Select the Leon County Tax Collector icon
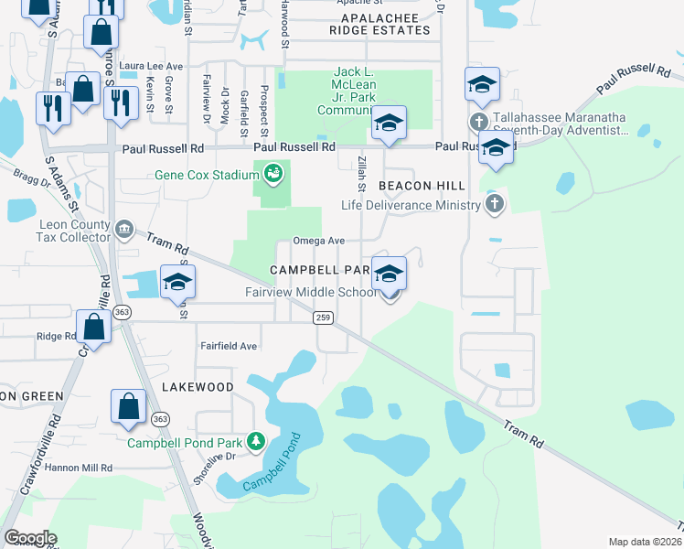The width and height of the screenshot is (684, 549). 125,227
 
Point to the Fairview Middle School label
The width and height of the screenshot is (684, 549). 310,293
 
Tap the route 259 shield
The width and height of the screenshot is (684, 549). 322,318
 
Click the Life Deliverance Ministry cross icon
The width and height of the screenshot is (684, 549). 494,204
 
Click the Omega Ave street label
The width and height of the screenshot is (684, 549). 318,241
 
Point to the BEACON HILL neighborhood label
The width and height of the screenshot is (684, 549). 417,185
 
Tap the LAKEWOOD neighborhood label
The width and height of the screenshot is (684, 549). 198,387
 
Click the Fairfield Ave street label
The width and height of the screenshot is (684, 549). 229,347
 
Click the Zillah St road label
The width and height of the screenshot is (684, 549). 362,173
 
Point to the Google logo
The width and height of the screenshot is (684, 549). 30,537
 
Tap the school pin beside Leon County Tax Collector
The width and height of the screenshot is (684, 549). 177,282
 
